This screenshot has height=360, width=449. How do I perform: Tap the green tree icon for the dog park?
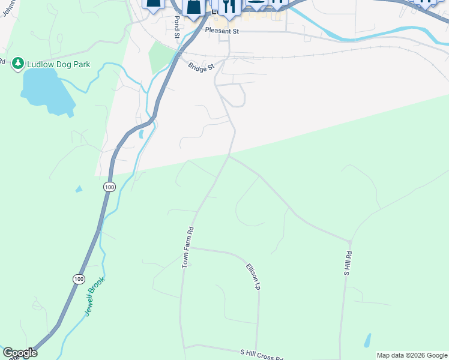pyautogui.click(x=17, y=63)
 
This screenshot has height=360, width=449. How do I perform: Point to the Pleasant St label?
pyautogui.click(x=221, y=30)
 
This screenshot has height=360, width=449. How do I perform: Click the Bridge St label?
pyautogui.click(x=200, y=67)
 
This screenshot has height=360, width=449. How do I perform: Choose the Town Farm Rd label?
pyautogui.click(x=188, y=247)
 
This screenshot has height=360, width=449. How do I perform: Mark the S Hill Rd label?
pyautogui.click(x=348, y=264)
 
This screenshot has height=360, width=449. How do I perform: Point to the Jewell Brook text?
pyautogui.click(x=95, y=296)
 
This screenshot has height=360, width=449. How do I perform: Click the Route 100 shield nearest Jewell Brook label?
pyautogui.click(x=79, y=279)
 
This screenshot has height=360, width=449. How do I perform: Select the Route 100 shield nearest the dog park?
pyautogui.click(x=109, y=187)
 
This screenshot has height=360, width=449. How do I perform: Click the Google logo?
pyautogui.click(x=20, y=353)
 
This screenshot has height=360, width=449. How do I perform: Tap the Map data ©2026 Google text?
pyautogui.click(x=412, y=355)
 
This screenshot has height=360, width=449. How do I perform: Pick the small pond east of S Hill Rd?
pyautogui.click(x=367, y=340)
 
